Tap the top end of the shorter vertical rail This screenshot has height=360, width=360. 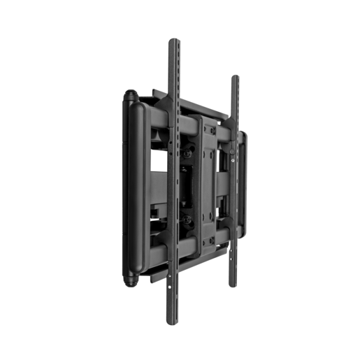(235, 78)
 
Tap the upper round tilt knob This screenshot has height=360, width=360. (187, 149)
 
